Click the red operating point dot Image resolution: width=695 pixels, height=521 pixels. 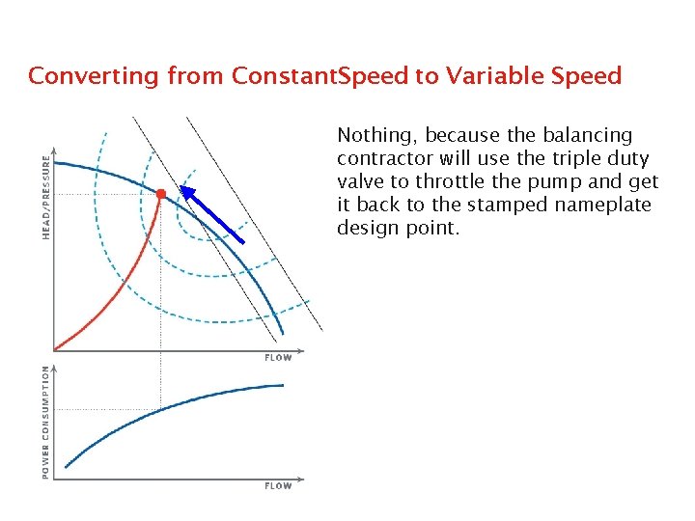pyautogui.click(x=161, y=194)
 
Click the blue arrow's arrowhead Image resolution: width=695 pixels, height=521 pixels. pyautogui.click(x=189, y=192)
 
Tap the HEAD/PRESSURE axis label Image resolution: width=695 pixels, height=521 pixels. pyautogui.click(x=45, y=199)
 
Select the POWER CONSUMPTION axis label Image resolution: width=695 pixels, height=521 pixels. pyautogui.click(x=45, y=422)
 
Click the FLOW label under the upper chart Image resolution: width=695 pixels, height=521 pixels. pyautogui.click(x=278, y=358)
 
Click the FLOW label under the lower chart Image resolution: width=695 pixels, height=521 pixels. pyautogui.click(x=278, y=486)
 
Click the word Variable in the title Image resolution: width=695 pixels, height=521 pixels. pyautogui.click(x=499, y=75)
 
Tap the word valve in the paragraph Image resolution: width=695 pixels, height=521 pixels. pyautogui.click(x=360, y=181)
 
